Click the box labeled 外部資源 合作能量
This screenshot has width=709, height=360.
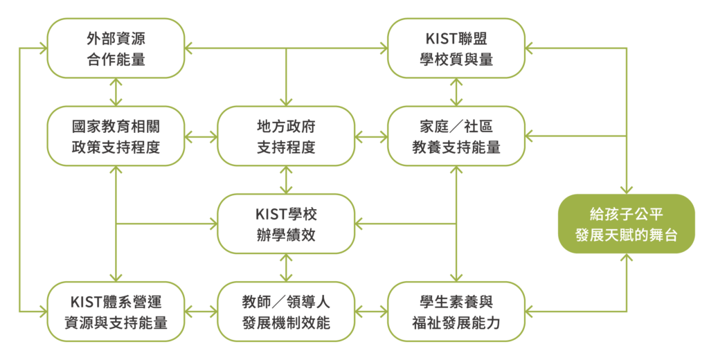click(x=116, y=48)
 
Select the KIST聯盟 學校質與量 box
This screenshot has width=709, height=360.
click(x=456, y=48)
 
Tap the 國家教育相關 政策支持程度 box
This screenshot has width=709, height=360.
click(x=116, y=136)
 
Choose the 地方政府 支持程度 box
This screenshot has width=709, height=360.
click(x=286, y=136)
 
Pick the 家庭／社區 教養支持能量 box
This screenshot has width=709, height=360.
click(x=456, y=136)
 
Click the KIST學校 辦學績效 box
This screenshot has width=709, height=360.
click(x=286, y=224)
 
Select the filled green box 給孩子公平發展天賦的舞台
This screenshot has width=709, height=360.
click(x=626, y=224)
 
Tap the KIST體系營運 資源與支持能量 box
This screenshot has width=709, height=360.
click(x=116, y=312)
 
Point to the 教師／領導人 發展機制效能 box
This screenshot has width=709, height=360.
click(x=286, y=312)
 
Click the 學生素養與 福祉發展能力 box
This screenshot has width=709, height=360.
click(x=456, y=312)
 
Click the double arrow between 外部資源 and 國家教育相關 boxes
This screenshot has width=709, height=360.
click(x=116, y=92)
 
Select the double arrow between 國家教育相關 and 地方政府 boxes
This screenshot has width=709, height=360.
click(x=201, y=136)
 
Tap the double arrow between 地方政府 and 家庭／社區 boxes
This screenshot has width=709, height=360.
click(x=371, y=136)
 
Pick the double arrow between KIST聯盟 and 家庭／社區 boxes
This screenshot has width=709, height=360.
click(x=456, y=92)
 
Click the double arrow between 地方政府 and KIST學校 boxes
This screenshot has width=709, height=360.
click(x=286, y=180)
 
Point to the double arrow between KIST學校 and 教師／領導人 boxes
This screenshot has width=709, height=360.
click(x=286, y=268)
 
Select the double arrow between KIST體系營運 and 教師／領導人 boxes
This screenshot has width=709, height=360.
click(x=201, y=312)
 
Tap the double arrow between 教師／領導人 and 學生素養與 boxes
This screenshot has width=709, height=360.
click(x=371, y=312)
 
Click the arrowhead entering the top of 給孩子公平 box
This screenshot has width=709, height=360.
click(x=627, y=190)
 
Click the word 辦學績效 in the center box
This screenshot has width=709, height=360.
click(x=286, y=235)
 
